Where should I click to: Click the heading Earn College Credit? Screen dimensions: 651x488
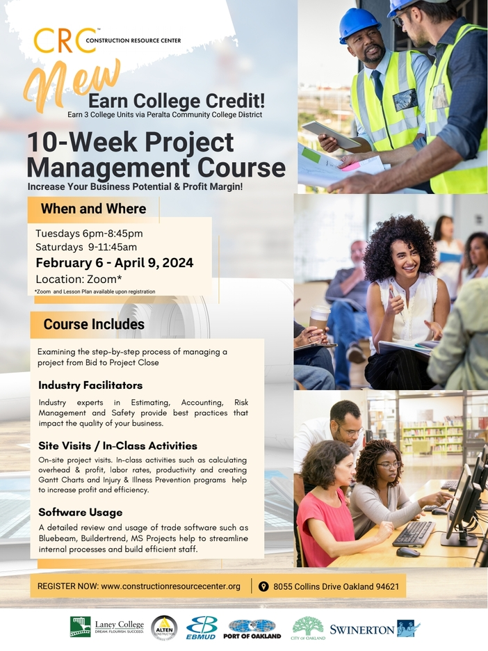[x=177, y=102]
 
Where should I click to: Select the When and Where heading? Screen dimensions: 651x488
[x=93, y=209]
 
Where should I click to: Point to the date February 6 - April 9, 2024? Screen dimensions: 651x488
[x=114, y=263]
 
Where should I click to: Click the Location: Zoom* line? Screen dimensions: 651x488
[x=79, y=278]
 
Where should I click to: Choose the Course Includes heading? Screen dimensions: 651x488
[x=94, y=324]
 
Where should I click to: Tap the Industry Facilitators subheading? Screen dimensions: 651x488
[x=90, y=385]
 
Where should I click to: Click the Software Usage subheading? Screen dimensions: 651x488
[x=81, y=513]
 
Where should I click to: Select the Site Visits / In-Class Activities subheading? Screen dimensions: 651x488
[x=117, y=446]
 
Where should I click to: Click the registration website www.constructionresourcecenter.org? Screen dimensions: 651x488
[x=170, y=586]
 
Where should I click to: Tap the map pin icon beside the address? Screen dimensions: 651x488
[x=263, y=586]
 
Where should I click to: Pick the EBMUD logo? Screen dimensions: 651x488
[x=202, y=627]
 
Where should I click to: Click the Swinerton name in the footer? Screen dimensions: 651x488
[x=361, y=629]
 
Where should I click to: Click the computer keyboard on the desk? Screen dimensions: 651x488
[x=414, y=533]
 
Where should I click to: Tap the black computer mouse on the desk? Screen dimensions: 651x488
[x=408, y=552]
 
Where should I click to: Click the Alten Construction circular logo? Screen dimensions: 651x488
[x=164, y=627]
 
